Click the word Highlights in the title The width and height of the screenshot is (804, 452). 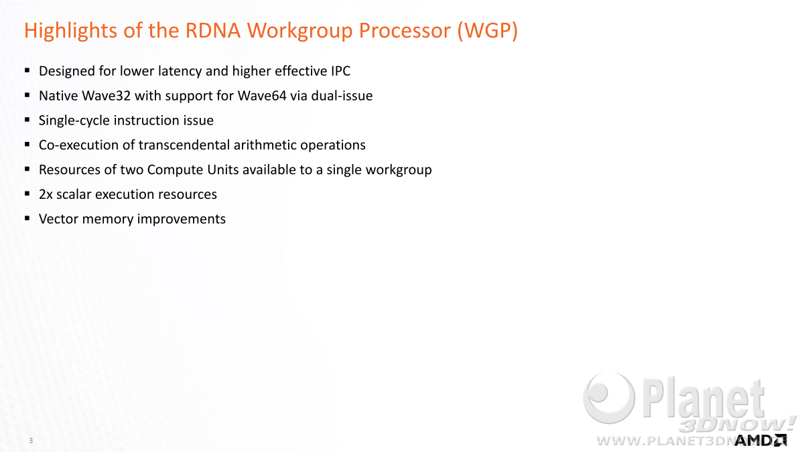pyautogui.click(x=71, y=31)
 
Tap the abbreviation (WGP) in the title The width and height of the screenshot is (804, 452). pyautogui.click(x=488, y=31)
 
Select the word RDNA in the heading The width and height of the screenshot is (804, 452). pyautogui.click(x=213, y=30)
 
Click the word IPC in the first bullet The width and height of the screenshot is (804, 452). pyautogui.click(x=340, y=71)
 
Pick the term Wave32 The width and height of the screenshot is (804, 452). pyautogui.click(x=107, y=96)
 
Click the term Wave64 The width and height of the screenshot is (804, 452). pyautogui.click(x=262, y=96)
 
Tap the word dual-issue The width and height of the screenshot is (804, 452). pyautogui.click(x=342, y=96)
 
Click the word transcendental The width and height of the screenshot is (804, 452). pyautogui.click(x=184, y=145)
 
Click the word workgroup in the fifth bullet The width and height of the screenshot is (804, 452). pyautogui.click(x=399, y=170)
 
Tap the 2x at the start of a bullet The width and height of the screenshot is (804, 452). pyautogui.click(x=46, y=194)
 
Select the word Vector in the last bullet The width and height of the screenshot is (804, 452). pyautogui.click(x=58, y=219)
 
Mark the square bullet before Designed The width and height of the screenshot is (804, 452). pyautogui.click(x=27, y=70)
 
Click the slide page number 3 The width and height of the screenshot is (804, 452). pyautogui.click(x=31, y=440)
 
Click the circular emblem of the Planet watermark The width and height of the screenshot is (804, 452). pyautogui.click(x=609, y=397)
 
